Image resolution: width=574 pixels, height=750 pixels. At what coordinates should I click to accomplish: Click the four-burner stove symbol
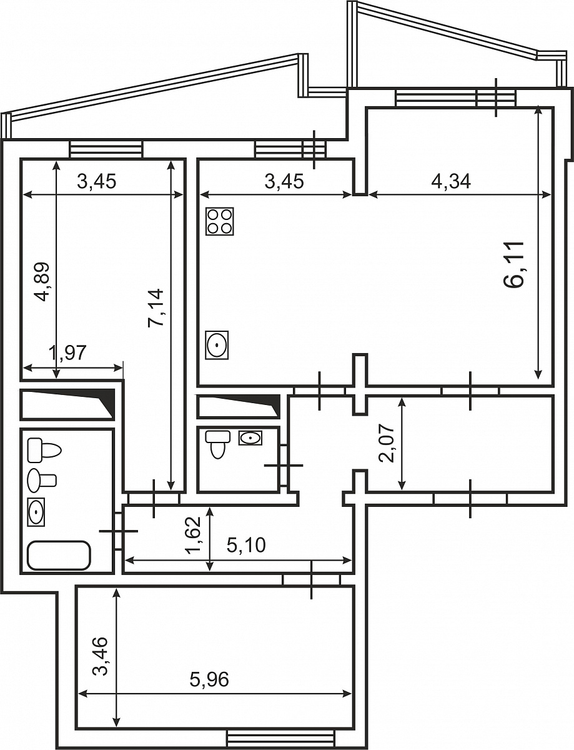tap(220, 221)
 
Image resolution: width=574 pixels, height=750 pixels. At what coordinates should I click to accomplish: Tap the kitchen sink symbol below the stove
tap(217, 345)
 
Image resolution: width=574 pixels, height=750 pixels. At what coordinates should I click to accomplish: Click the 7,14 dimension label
tap(155, 307)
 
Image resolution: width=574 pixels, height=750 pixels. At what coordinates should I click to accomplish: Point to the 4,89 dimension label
tap(44, 282)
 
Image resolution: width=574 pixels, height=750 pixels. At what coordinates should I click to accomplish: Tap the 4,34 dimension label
tap(451, 181)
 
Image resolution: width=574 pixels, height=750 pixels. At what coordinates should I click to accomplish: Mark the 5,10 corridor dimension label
tap(246, 546)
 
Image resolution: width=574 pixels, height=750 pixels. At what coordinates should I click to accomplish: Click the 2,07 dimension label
tap(386, 443)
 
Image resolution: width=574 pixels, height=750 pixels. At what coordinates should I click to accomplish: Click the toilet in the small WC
tap(217, 444)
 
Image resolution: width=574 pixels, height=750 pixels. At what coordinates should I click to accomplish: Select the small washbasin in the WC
tap(250, 438)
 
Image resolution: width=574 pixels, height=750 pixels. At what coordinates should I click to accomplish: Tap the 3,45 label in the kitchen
tap(284, 181)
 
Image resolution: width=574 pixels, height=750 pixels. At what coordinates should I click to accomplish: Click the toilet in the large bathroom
tap(44, 451)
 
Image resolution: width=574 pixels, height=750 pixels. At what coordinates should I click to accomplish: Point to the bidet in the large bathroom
tap(42, 480)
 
